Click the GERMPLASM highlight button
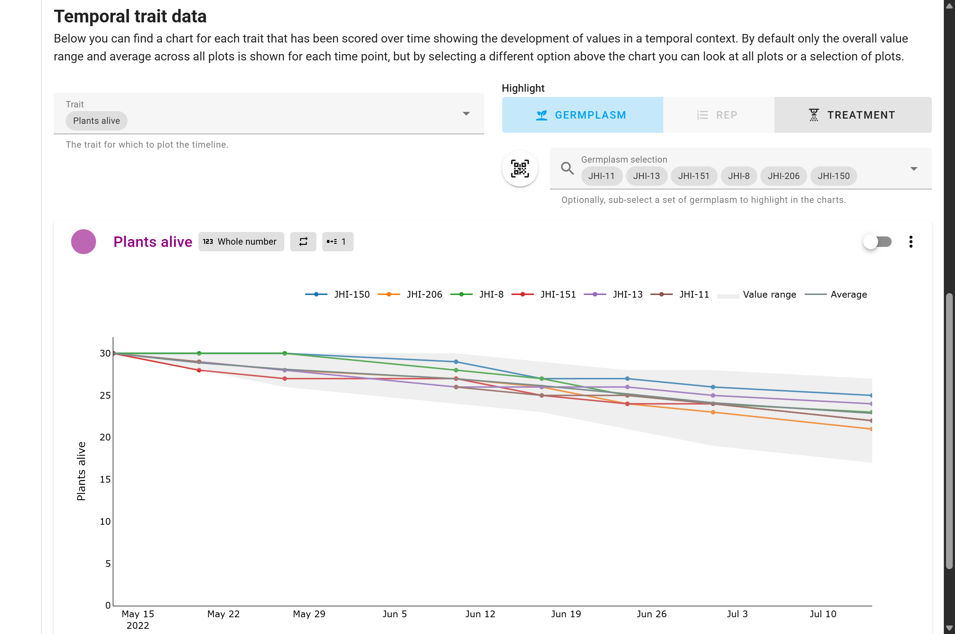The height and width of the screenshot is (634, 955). pos(582,115)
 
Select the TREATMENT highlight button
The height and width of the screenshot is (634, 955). pos(852,115)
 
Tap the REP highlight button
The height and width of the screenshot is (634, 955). pos(718,115)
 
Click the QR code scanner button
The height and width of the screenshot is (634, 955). pos(519,169)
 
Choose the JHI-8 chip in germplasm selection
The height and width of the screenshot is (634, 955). pos(738,176)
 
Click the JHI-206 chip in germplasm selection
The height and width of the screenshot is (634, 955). pos(783,176)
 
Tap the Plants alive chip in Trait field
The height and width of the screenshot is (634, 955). pos(96,121)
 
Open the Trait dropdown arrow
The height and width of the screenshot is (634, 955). pos(466,114)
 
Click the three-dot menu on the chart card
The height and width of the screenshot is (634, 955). pos(911,241)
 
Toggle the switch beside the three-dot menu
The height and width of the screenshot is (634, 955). pos(877,241)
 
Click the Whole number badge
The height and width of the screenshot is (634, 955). pos(241,241)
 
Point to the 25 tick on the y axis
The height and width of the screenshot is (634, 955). pos(105,395)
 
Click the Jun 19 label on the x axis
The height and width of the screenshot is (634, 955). pos(566,614)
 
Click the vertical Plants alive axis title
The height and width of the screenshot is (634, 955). pos(81,471)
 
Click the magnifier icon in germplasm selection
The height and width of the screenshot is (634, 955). pos(567,168)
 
